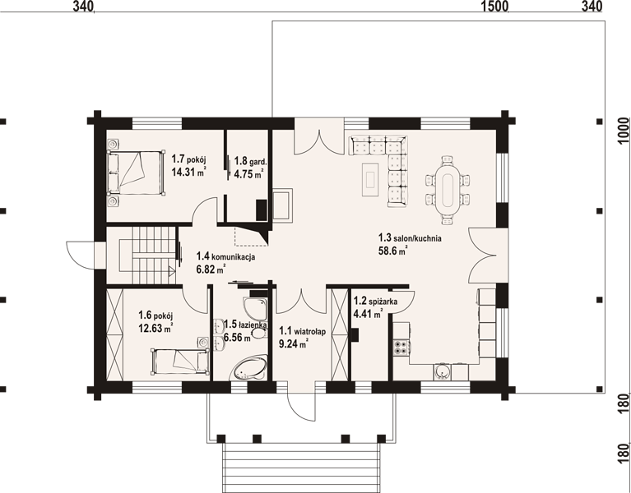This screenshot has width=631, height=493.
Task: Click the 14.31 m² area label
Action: click(188, 172)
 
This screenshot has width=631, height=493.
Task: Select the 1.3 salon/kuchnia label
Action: click(410, 237)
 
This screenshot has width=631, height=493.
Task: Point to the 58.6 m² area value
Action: click(392, 251)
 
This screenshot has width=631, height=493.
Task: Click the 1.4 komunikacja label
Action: click(225, 256)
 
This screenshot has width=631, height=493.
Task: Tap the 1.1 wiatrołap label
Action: click(303, 331)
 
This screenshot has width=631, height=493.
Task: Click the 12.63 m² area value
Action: click(155, 329)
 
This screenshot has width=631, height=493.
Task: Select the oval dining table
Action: click(447, 190)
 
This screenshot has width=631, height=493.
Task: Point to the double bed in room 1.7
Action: click(136, 173)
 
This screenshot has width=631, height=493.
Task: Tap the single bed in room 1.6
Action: click(180, 362)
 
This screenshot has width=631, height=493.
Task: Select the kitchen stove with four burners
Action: click(401, 347)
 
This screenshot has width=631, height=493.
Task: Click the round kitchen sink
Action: click(443, 371)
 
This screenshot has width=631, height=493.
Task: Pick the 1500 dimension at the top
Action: click(495, 7)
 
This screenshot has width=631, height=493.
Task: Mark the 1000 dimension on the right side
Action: click(623, 130)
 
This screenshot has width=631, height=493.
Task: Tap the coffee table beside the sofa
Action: click(370, 179)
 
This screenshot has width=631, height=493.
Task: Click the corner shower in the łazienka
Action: click(256, 309)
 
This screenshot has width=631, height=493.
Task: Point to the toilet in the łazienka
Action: click(259, 333)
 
